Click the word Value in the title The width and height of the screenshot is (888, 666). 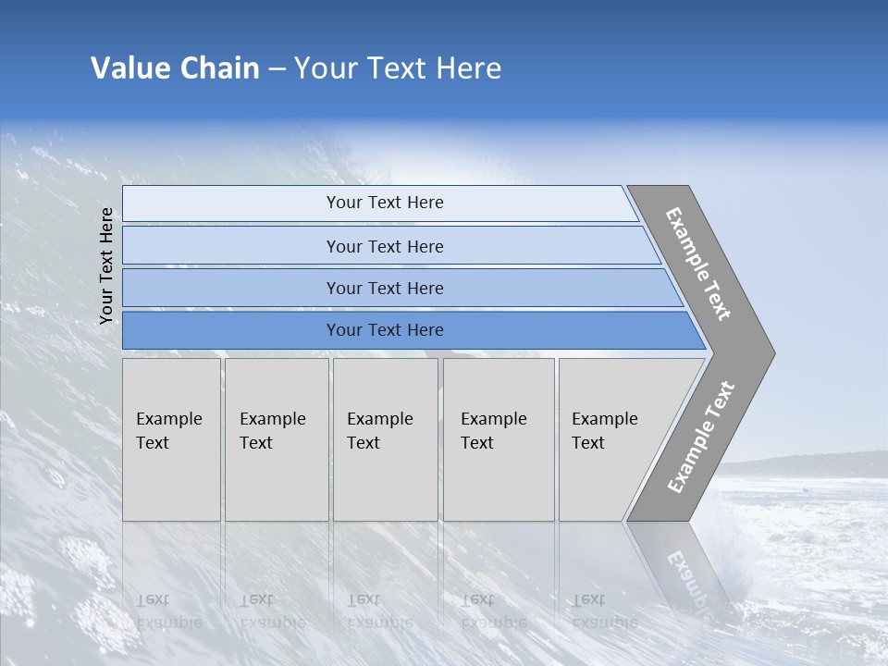pyautogui.click(x=129, y=68)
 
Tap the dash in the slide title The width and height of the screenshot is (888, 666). pyautogui.click(x=277, y=69)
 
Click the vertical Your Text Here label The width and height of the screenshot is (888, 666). pyautogui.click(x=106, y=265)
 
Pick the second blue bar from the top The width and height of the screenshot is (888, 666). pyautogui.click(x=384, y=246)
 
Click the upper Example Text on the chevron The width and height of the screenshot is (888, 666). pyautogui.click(x=698, y=264)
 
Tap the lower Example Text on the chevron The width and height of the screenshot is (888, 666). pyautogui.click(x=701, y=437)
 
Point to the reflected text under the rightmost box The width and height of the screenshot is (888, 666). pyautogui.click(x=604, y=610)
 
